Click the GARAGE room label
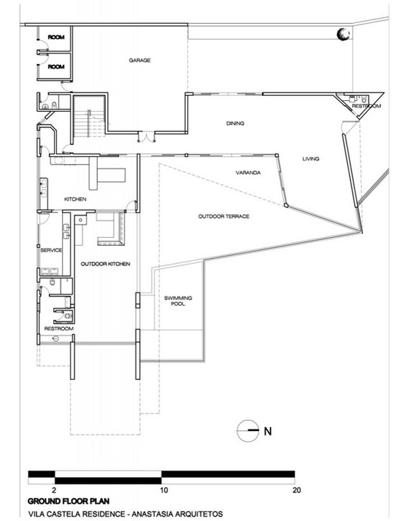[140, 60]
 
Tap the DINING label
[235, 123]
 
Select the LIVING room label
[311, 159]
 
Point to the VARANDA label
[248, 173]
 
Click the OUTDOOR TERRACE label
[224, 216]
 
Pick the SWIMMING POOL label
[178, 300]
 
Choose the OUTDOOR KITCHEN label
[106, 264]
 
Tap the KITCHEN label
[75, 200]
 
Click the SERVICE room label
[51, 250]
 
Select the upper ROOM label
[56, 37]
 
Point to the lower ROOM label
[56, 67]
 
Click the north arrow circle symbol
[248, 431]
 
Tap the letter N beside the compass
[268, 432]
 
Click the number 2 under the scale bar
[54, 490]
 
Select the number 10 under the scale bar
[164, 490]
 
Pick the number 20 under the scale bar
[297, 490]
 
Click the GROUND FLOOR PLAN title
[68, 501]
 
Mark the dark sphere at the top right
[343, 34]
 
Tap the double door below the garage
[146, 138]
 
